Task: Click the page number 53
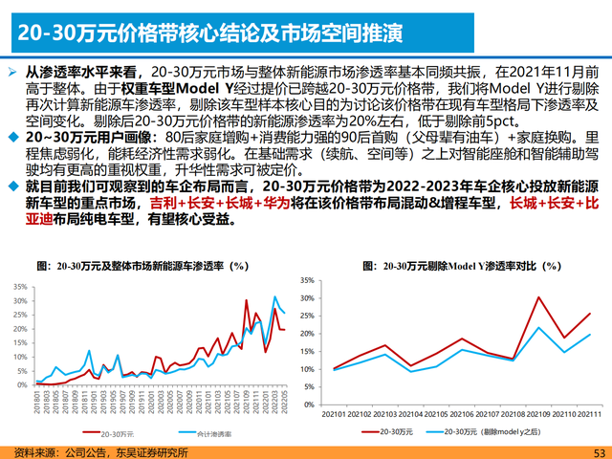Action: pos(600,452)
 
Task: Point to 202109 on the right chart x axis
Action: pos(539,412)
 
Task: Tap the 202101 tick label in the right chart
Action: pos(334,412)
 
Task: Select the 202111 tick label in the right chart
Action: pos(590,412)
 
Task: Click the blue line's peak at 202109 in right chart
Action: pos(539,328)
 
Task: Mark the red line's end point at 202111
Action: pos(590,314)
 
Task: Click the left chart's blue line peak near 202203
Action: pos(276,297)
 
